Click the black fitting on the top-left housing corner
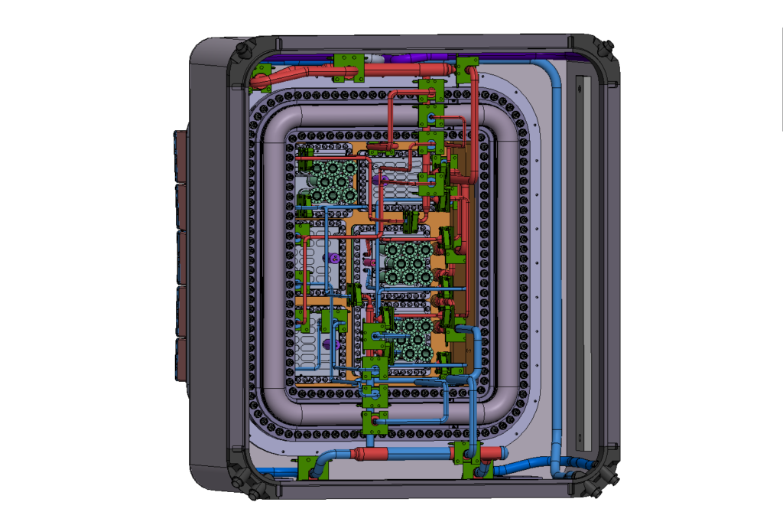coord(244,50)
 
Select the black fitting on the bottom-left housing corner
coord(246,483)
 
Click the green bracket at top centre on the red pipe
coord(347,68)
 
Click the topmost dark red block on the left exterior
coord(182,155)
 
